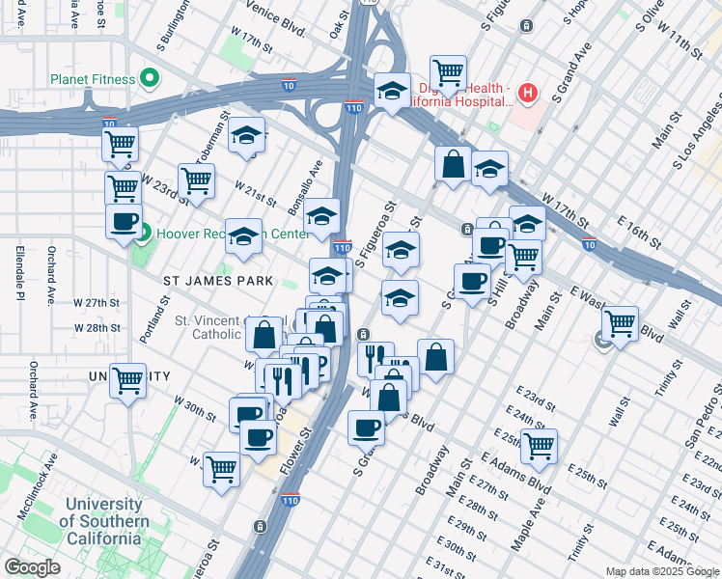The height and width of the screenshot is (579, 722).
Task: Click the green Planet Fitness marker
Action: pos(149,77)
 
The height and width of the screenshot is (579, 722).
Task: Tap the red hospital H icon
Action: pos(527,94)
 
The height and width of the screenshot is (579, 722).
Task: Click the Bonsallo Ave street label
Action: pos(313,177)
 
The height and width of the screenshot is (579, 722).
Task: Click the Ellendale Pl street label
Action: pos(18,272)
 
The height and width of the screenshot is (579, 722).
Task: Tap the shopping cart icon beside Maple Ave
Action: pos(539,445)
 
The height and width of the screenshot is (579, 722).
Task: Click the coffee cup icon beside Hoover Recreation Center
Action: pos(124,221)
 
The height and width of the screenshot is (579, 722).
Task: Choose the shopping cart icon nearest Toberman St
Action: pos(196,179)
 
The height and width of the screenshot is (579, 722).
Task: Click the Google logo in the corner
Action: pos(33,567)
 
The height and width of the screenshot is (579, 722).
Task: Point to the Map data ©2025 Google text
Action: pos(661,571)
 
